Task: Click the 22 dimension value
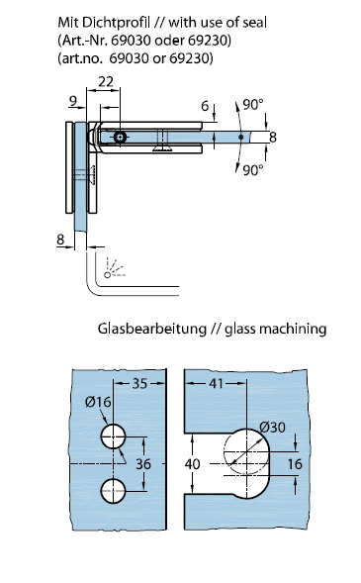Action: point(106,81)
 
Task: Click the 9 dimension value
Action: point(73,101)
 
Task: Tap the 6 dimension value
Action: point(205,106)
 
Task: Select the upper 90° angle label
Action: point(253,105)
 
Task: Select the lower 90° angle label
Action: point(253,170)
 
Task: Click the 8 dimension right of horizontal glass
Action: point(273,138)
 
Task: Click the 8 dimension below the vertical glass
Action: point(60,240)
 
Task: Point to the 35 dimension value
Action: point(140,383)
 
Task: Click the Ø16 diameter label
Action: point(98,402)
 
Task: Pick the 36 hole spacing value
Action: point(143,463)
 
